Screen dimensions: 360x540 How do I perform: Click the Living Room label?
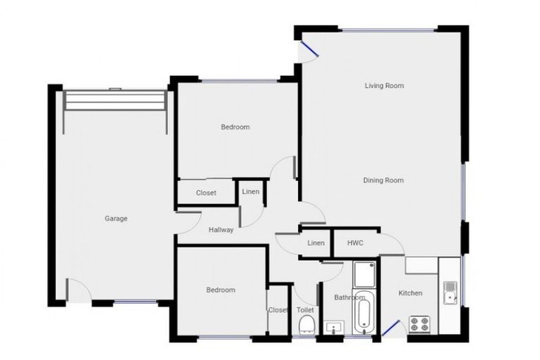point(384,86)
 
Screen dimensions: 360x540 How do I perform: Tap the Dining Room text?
point(383,181)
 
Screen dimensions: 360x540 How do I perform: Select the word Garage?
point(116,219)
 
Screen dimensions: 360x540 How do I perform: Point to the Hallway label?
point(221,230)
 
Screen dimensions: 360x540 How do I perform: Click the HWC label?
point(355,243)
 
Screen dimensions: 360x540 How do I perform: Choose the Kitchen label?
point(410,293)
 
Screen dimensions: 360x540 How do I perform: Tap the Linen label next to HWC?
point(316,243)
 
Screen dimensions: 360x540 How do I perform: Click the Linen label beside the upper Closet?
point(250,192)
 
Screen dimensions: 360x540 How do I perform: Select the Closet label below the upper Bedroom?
point(205,193)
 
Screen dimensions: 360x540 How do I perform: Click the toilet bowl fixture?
point(306,324)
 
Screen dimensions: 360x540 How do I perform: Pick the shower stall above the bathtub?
point(364,274)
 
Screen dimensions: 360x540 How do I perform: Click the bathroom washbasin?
point(333,327)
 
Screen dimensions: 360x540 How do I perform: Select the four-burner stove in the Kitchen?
point(420,324)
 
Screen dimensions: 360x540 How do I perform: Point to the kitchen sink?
point(450,291)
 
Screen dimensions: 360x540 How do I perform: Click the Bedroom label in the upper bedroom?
point(235,127)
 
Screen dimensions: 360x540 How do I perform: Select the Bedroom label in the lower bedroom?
point(220,290)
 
